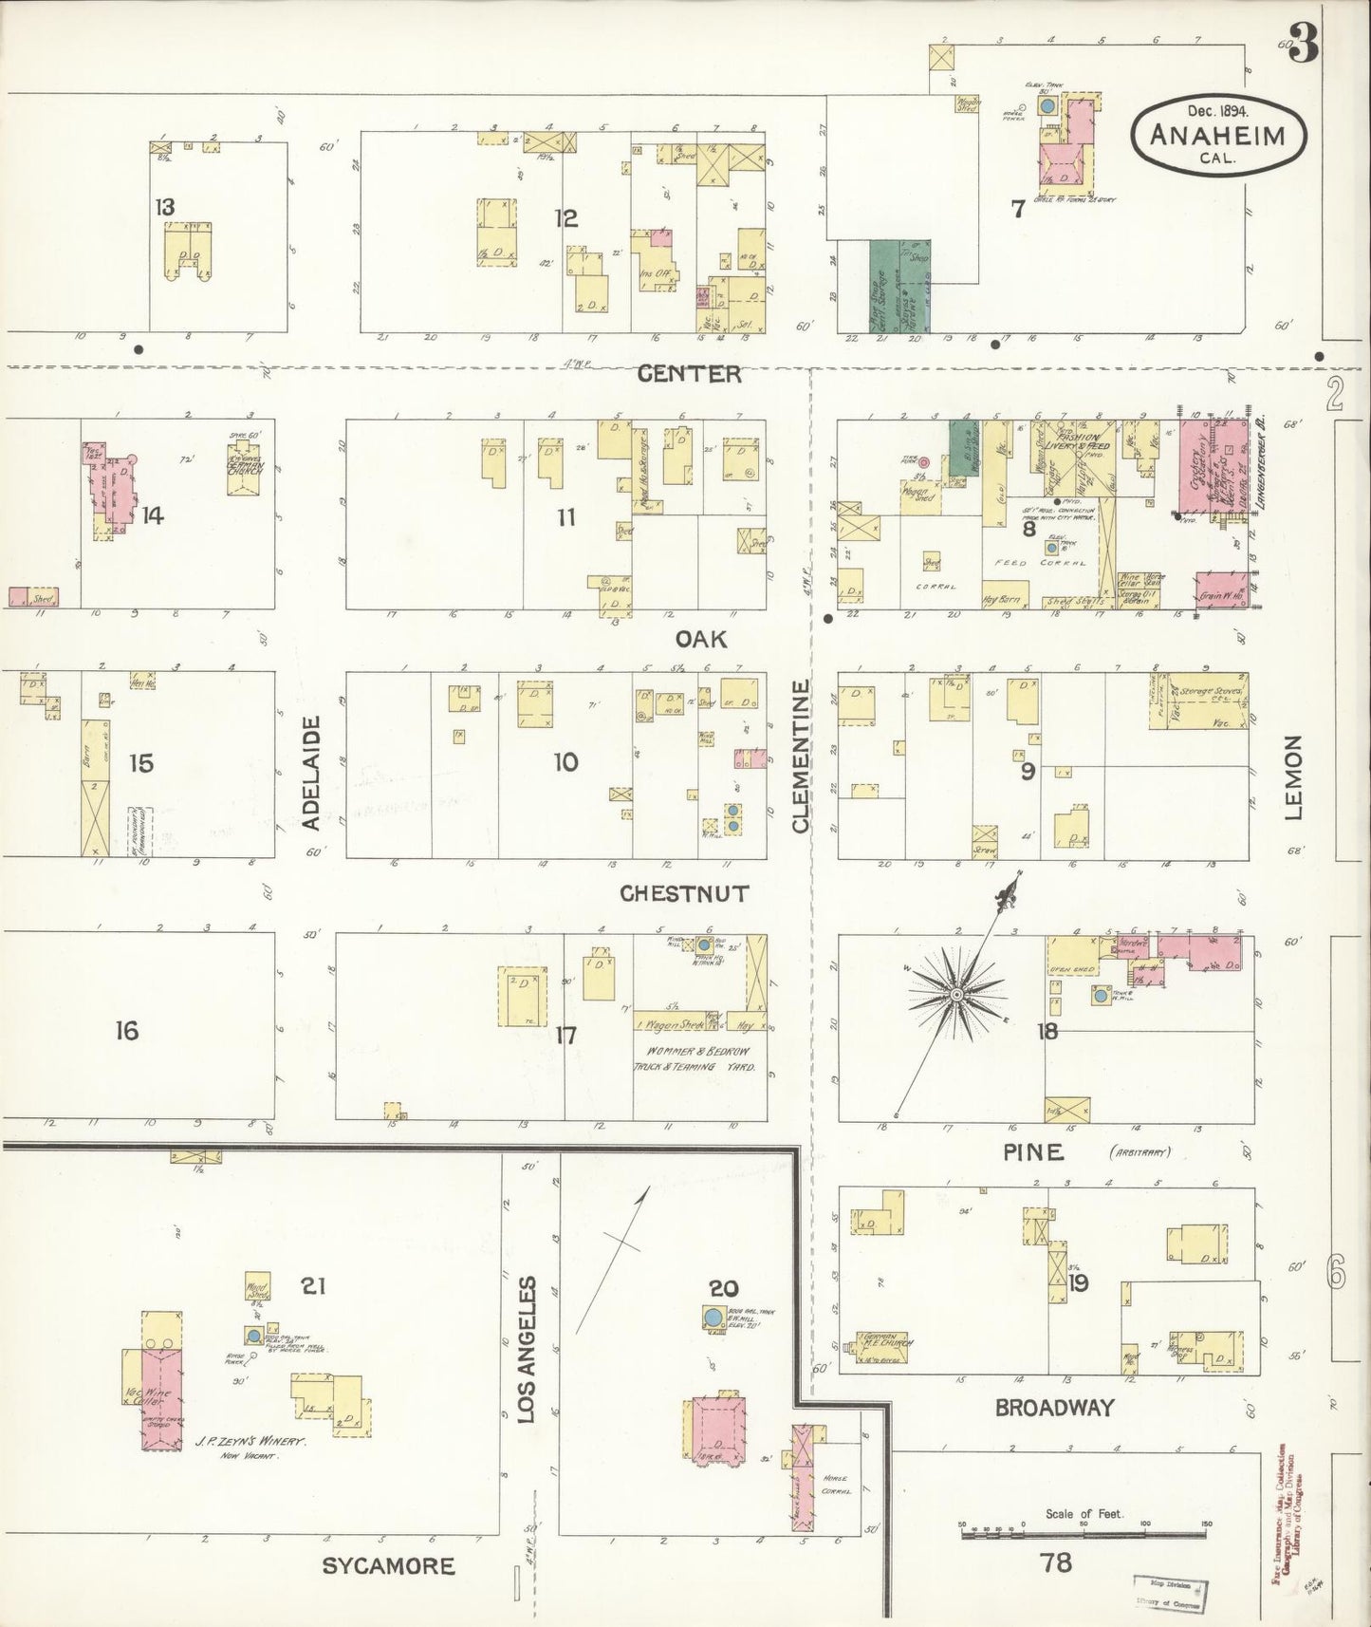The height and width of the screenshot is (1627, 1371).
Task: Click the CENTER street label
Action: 689,374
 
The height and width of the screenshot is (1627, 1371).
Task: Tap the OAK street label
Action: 701,639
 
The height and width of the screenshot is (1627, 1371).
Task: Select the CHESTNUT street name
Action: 684,893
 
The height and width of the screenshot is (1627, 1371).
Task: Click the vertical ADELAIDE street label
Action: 312,773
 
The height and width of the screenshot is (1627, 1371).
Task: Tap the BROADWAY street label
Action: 1054,1408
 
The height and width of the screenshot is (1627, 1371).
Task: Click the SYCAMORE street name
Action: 388,1565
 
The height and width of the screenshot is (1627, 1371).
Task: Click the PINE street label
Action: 1033,1152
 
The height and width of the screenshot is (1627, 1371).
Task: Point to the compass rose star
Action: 956,994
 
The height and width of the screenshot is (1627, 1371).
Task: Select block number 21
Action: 313,1286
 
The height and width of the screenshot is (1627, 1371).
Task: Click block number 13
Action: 165,207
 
